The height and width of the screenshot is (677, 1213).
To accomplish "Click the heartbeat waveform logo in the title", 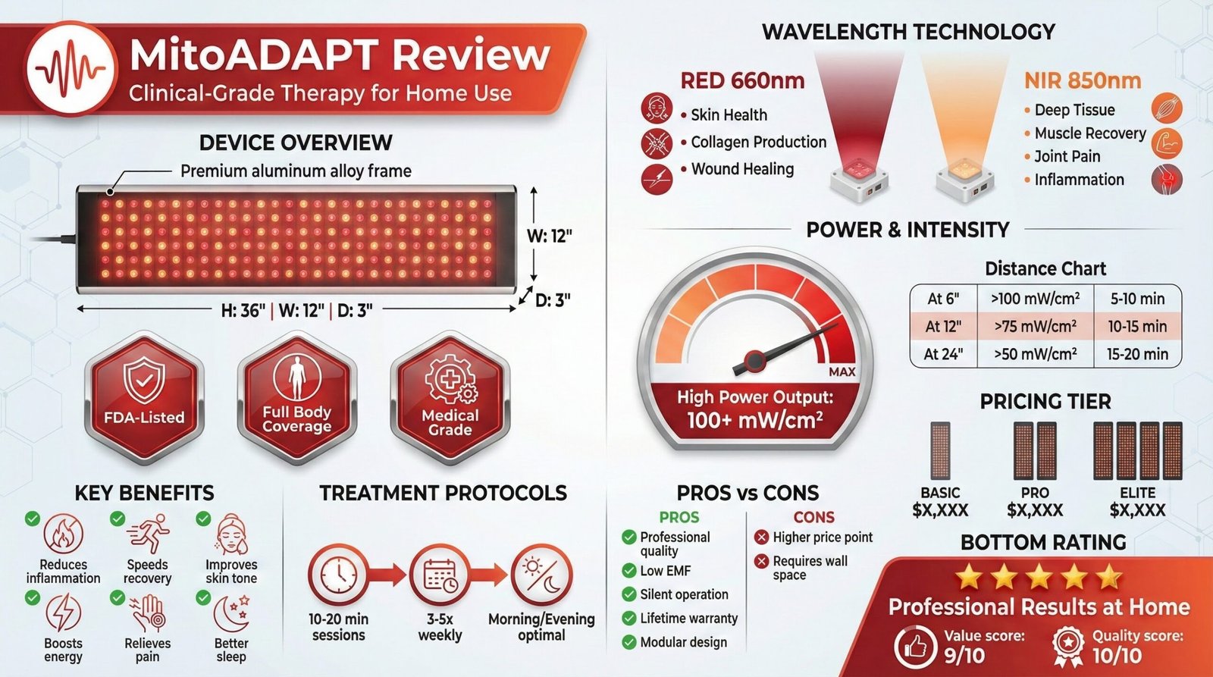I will point(71,67).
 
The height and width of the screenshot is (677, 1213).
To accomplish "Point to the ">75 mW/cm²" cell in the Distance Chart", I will point(1035,327).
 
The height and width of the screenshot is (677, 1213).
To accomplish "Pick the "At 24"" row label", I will point(943,354).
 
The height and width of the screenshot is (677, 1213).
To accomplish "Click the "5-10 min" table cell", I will point(1137,299).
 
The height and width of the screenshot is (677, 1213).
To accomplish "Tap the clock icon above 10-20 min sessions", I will point(338,575).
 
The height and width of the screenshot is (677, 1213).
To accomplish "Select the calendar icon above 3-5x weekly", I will point(440,575).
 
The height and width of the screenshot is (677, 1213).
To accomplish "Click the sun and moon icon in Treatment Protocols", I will point(541,575).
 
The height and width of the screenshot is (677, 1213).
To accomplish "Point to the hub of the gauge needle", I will point(754,359).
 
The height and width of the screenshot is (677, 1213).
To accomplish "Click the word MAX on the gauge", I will point(842,371).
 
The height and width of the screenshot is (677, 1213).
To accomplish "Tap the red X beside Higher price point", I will point(762,538).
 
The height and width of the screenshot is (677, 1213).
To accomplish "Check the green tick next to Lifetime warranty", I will point(628,618).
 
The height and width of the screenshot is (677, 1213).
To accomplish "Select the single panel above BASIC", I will point(940,450).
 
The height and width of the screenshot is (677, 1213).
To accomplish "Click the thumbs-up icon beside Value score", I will point(916,647).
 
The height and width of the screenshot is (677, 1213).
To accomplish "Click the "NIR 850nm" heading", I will point(1082,80).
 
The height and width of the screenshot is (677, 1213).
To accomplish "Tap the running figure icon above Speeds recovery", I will point(149,534).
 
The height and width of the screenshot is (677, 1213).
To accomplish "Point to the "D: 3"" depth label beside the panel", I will point(553,300).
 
